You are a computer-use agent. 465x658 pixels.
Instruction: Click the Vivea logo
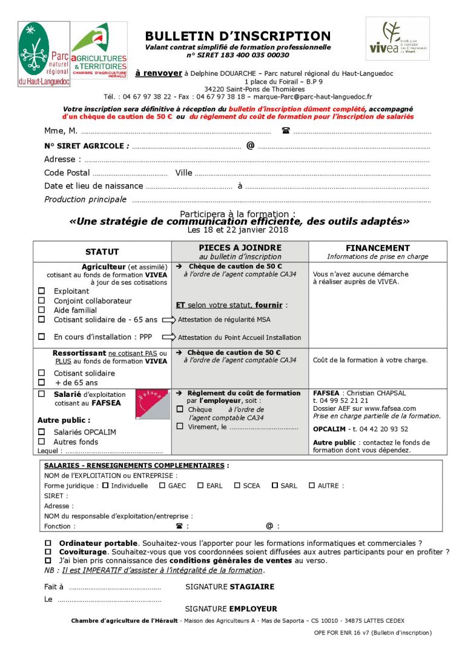coord(397,38)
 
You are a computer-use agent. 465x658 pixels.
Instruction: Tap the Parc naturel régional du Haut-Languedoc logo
coord(44,54)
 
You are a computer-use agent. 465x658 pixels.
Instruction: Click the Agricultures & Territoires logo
coord(99,50)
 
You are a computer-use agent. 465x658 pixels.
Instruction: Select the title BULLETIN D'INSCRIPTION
coord(238,36)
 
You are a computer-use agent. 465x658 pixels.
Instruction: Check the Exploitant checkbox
coord(42,291)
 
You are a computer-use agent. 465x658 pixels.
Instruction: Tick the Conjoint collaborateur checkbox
coord(42,301)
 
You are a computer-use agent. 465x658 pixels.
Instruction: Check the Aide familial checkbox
coord(42,310)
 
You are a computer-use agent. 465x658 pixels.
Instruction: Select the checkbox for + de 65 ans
coord(42,383)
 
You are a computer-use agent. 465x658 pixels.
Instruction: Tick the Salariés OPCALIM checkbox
coord(42,432)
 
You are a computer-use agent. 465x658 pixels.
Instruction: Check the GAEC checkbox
coord(162,485)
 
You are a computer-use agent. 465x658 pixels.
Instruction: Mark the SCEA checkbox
coord(237,485)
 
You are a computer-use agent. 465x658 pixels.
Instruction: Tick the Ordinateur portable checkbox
coord(48,543)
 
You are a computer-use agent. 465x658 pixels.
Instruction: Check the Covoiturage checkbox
coord(48,552)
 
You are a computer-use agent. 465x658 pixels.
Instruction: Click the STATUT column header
coord(102,251)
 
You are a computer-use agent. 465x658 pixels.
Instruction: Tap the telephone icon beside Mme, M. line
coord(286,131)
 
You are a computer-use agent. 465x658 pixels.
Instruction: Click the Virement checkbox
coord(180,427)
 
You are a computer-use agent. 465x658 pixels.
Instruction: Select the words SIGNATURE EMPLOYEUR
coord(231,609)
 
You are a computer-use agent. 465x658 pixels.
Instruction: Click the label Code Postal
coord(67,173)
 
